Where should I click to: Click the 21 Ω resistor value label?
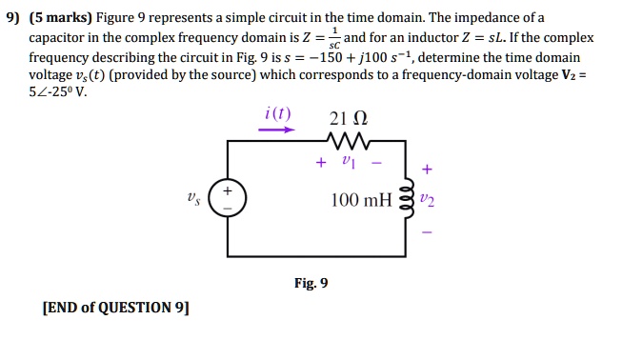point(347,119)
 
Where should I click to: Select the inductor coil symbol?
point(409,201)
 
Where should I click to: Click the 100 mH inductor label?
point(359,201)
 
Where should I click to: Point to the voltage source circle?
point(228,201)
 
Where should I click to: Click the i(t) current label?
point(278,116)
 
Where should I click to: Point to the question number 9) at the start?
point(12,17)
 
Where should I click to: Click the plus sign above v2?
point(426,170)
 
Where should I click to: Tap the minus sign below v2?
point(426,231)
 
